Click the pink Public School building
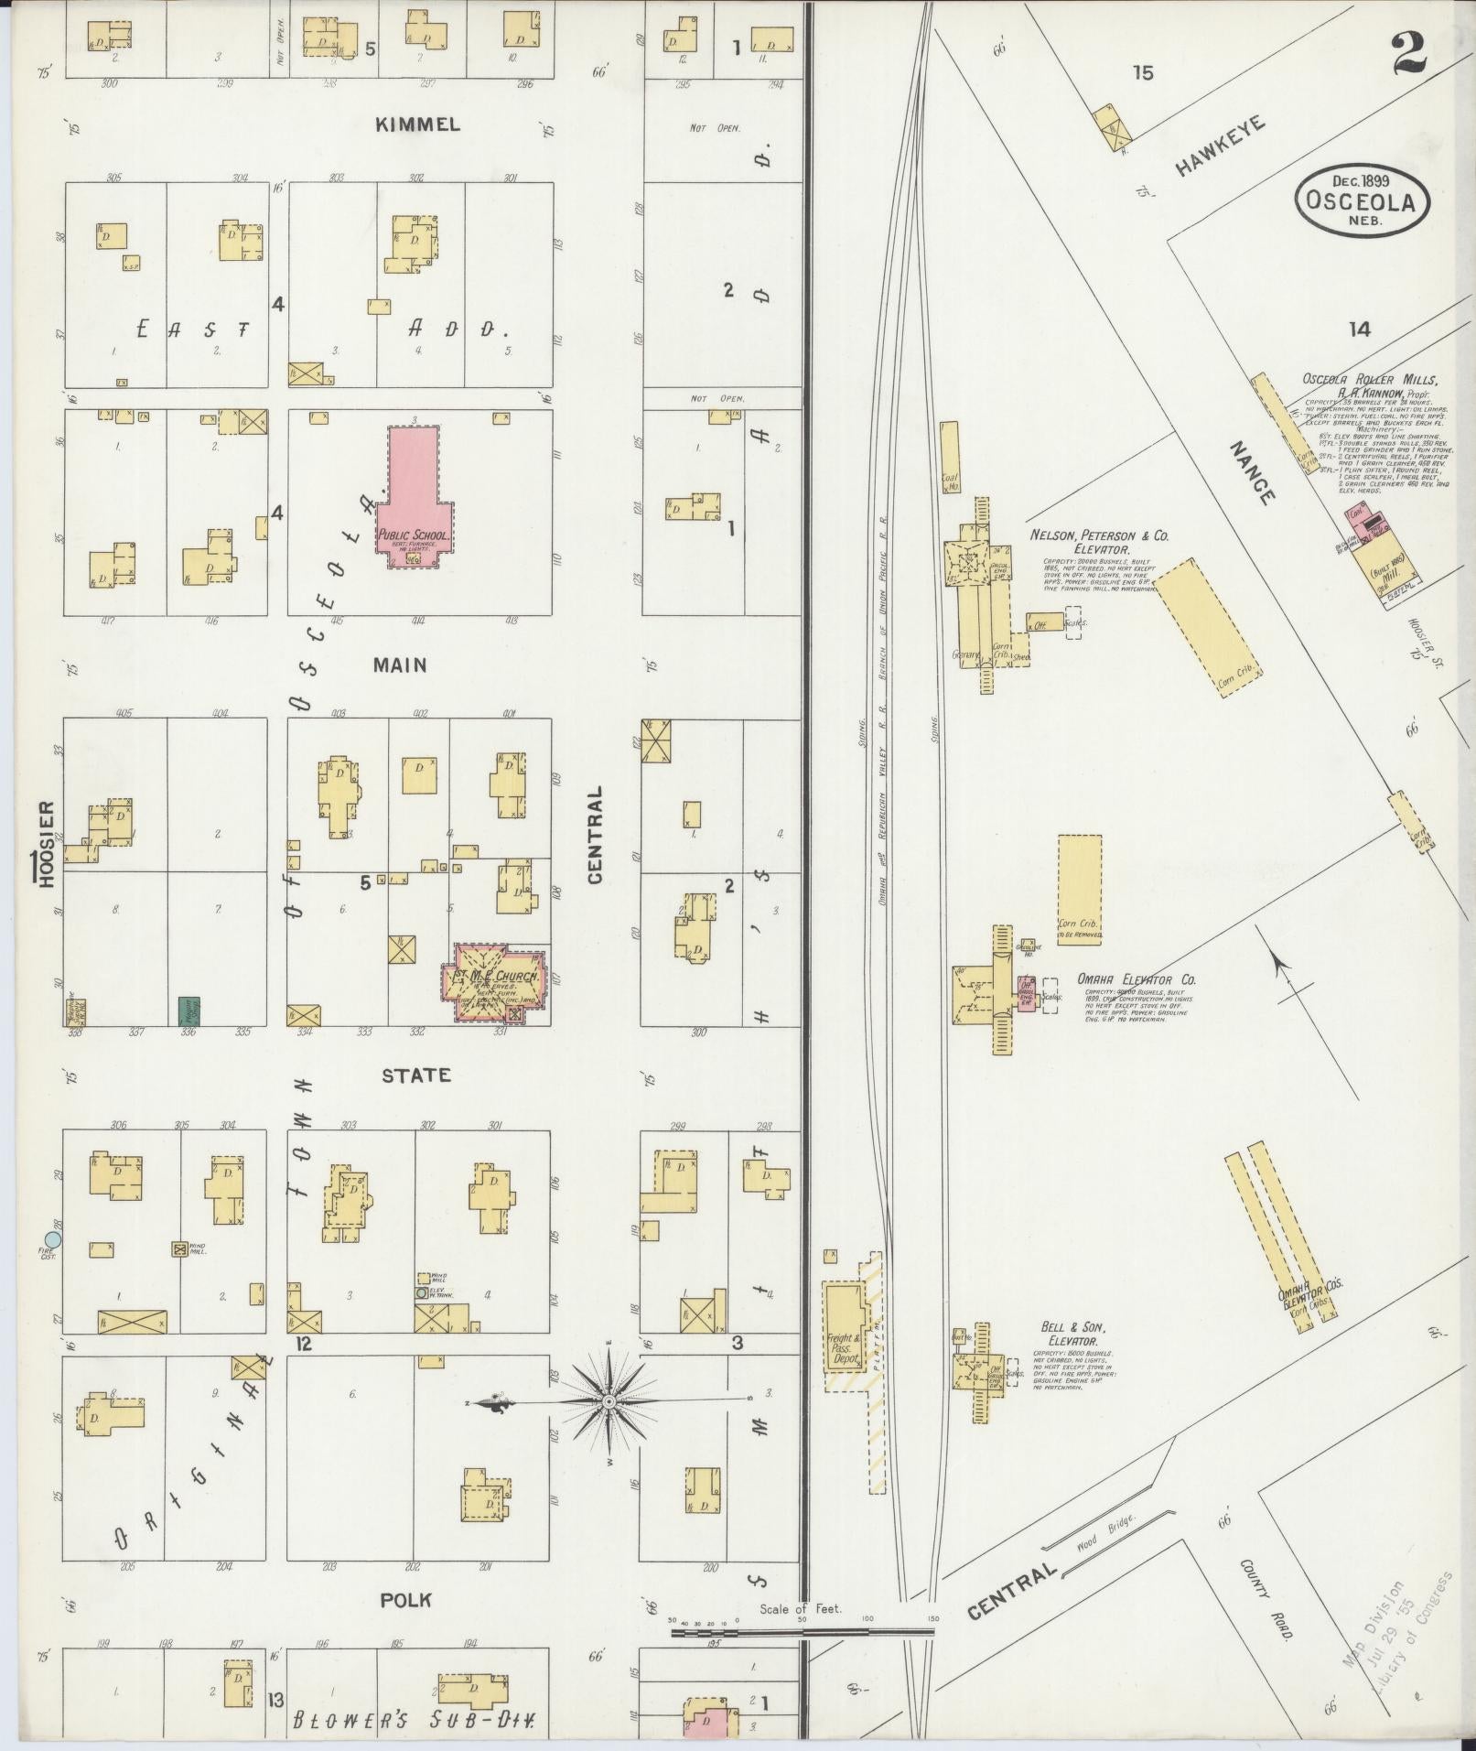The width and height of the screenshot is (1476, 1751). tap(412, 491)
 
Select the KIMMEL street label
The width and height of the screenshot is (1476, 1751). tap(417, 124)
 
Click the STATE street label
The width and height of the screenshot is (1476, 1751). tap(417, 1075)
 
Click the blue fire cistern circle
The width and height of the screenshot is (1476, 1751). tap(53, 1239)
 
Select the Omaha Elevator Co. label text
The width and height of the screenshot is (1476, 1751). tap(1136, 978)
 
